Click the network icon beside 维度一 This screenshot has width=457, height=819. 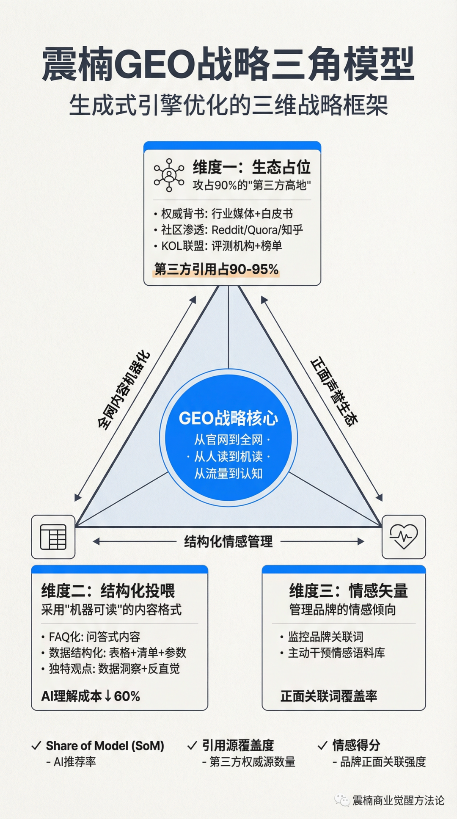(169, 175)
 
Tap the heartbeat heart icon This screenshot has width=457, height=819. (404, 537)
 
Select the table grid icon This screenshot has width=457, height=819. (53, 537)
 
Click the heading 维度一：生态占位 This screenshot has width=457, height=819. (252, 167)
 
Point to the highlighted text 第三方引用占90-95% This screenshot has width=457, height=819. (216, 269)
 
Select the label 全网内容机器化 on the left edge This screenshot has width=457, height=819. (123, 390)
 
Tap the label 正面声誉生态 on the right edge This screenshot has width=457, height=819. (334, 390)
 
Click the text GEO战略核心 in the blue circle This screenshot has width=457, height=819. (228, 418)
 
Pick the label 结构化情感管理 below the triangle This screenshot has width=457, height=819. (228, 541)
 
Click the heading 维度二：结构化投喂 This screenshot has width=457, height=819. (108, 591)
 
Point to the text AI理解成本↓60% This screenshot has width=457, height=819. (91, 696)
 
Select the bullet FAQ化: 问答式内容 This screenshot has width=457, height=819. (94, 637)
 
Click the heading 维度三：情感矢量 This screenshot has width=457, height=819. (348, 591)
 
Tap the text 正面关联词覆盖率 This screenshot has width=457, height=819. (329, 696)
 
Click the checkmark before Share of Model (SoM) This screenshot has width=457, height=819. (36, 745)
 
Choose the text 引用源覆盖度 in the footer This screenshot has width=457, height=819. (238, 745)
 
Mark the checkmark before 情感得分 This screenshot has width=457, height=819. (322, 745)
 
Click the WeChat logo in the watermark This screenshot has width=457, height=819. (342, 800)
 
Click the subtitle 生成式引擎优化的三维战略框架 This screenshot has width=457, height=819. (228, 105)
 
